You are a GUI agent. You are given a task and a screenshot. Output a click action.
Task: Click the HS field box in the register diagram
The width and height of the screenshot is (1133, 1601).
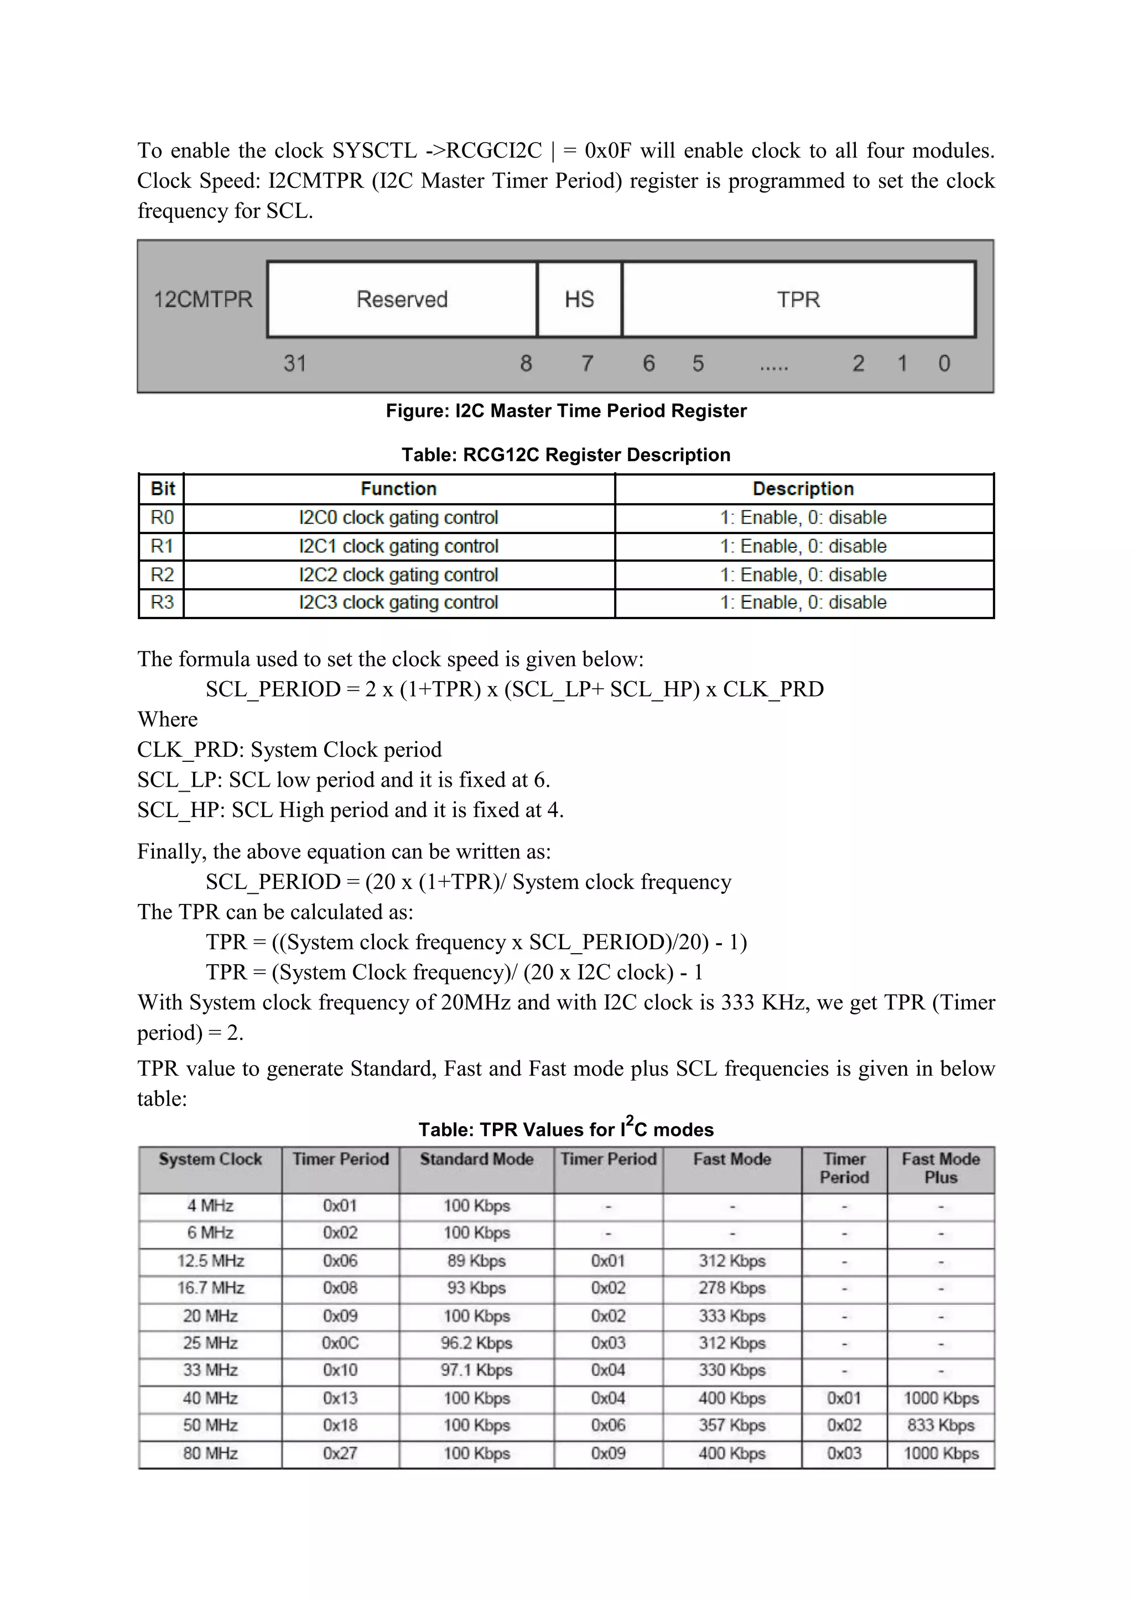579,299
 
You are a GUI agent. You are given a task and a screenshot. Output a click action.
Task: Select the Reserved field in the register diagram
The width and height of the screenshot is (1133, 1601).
402,299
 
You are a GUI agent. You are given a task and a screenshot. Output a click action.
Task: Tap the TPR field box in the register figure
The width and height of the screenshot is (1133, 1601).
798,299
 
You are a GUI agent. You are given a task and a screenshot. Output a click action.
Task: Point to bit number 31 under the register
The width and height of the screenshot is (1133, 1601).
294,363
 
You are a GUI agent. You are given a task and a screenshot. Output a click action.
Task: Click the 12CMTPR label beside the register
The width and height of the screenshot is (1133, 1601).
203,299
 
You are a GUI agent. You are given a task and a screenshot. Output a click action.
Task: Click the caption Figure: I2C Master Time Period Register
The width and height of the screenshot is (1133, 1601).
566,411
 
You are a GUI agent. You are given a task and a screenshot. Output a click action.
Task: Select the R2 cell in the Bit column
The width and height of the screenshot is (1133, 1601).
162,574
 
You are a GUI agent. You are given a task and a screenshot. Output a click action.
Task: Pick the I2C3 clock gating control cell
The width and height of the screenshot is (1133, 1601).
398,603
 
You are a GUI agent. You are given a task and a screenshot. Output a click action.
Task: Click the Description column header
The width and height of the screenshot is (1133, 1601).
803,489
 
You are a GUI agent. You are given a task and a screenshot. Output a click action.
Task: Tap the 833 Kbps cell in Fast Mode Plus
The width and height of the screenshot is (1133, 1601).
940,1425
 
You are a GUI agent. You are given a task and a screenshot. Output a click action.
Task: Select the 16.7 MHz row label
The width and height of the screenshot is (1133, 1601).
210,1288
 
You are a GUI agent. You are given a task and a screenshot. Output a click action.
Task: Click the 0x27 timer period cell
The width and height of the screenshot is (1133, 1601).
340,1453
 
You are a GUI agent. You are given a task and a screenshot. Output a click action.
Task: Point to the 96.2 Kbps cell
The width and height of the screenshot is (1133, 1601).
476,1343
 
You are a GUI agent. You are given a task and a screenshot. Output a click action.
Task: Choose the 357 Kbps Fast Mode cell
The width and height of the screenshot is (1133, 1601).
732,1425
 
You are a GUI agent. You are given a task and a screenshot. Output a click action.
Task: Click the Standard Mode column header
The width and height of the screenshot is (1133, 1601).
476,1159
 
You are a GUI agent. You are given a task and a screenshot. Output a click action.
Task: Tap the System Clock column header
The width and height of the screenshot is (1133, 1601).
210,1159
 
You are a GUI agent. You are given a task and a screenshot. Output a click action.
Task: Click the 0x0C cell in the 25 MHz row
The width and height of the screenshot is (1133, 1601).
340,1343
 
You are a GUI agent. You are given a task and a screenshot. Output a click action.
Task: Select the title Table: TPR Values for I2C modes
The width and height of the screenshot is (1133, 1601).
566,1129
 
